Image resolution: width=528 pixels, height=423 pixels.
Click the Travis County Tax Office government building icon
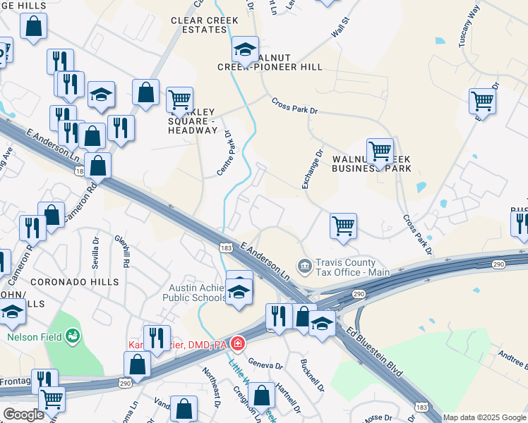(x=304, y=266)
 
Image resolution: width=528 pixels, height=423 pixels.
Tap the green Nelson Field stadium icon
(x=73, y=337)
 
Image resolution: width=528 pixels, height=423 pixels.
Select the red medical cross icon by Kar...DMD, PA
(x=239, y=344)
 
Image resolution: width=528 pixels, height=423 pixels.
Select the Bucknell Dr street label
(x=311, y=374)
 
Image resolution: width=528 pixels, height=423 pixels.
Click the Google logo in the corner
(x=23, y=415)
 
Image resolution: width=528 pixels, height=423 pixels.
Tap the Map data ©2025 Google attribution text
(x=484, y=417)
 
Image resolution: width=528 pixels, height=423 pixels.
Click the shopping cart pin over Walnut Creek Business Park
(x=380, y=151)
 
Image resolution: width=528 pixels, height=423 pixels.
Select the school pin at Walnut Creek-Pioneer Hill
(x=245, y=50)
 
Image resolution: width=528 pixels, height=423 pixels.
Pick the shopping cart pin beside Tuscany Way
(x=482, y=102)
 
